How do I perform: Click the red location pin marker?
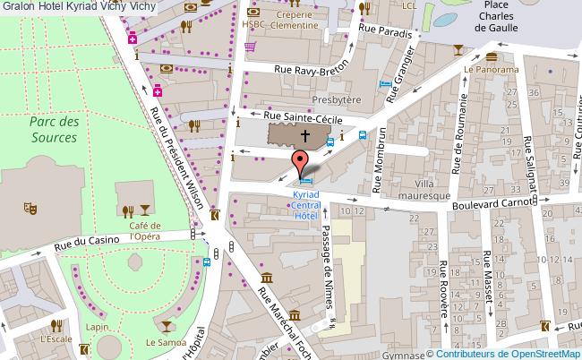[x=302, y=163]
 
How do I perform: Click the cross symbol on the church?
[x=305, y=136]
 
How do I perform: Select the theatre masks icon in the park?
[x=30, y=208]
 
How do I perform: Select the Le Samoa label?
[x=165, y=342]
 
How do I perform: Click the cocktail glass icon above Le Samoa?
[x=167, y=324]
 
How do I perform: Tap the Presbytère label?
[x=334, y=100]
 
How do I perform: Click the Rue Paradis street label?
[x=385, y=32]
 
